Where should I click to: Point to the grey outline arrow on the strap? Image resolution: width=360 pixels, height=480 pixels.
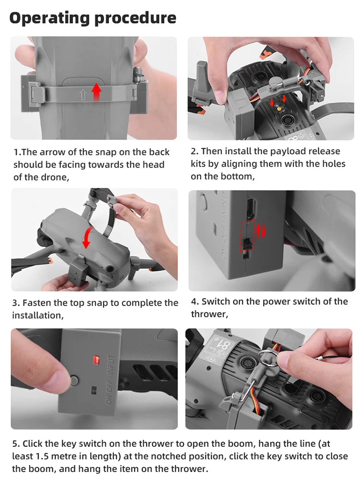(83, 95)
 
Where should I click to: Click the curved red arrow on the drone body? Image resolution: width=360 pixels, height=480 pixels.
(86, 237)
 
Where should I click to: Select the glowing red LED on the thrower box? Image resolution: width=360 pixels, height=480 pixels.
(96, 360)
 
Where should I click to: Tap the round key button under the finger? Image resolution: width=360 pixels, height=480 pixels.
(74, 381)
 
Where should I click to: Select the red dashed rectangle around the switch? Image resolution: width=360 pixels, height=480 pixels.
(248, 236)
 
